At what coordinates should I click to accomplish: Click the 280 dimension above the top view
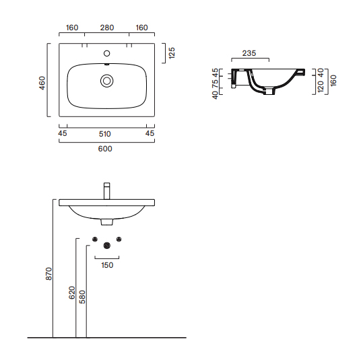click(107, 28)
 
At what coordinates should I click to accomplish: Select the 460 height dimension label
click(42, 83)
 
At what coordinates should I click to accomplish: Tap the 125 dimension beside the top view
click(172, 53)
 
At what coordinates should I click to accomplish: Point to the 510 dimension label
click(105, 134)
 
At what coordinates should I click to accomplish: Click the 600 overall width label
click(105, 149)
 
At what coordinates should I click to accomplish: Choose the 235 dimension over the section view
click(249, 53)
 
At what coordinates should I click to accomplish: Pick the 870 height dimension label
click(48, 273)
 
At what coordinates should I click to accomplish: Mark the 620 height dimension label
click(72, 293)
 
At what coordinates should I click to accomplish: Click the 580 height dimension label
click(82, 297)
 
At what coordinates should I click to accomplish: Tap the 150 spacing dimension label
click(107, 265)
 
